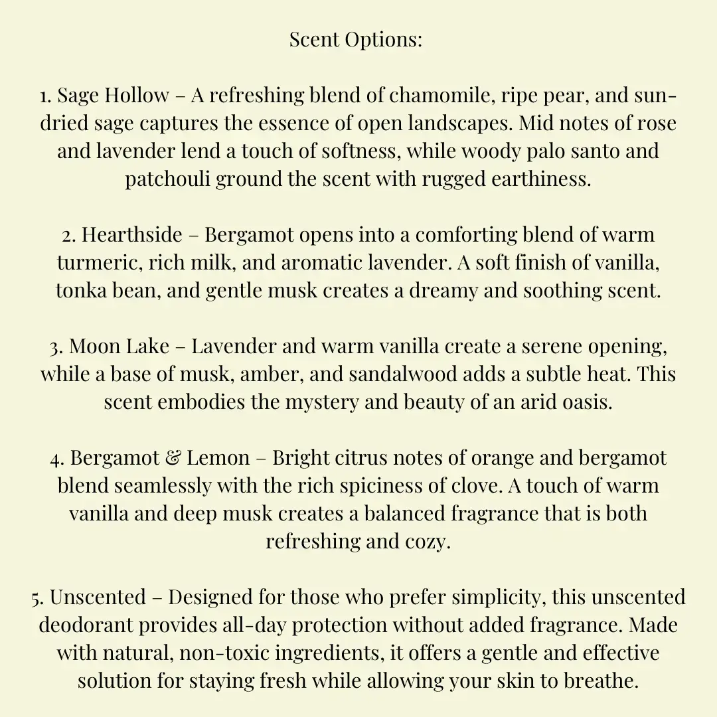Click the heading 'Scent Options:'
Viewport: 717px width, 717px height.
[356, 40]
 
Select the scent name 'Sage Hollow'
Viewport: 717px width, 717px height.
[113, 96]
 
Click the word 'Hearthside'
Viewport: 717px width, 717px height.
[131, 235]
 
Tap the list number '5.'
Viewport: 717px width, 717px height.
[37, 597]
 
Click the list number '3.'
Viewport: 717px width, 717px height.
[56, 347]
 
